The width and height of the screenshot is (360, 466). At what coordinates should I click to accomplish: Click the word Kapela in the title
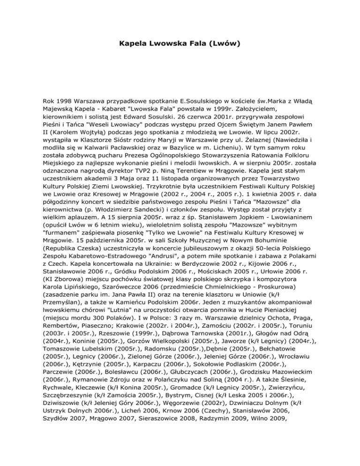(133, 45)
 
